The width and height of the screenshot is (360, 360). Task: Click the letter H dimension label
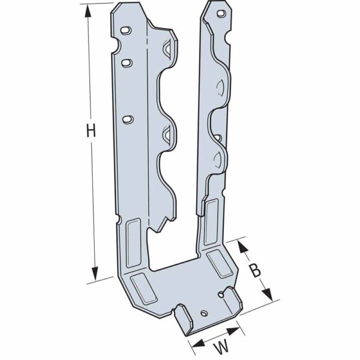coord(91,131)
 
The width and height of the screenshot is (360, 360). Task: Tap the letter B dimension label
coord(256,270)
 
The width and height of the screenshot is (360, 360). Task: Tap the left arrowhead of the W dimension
coord(196,343)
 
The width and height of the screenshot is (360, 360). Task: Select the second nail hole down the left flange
coord(127,61)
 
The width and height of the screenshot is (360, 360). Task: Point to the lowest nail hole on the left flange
coord(127,119)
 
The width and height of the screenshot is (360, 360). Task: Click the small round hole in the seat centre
coord(204,313)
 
